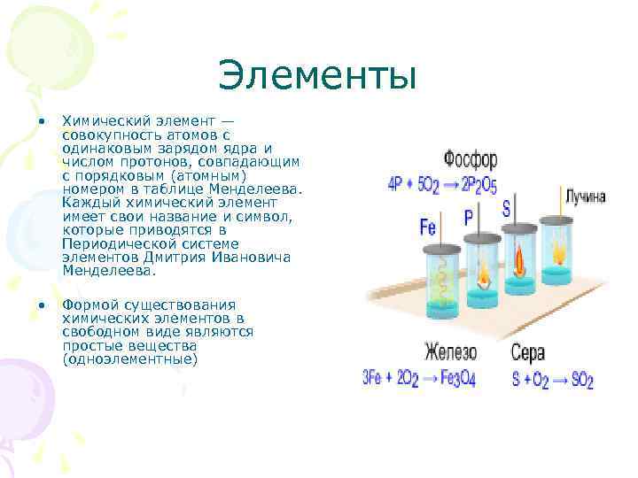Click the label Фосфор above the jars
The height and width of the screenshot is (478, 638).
pyautogui.click(x=471, y=161)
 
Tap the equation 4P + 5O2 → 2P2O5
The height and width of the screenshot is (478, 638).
pyautogui.click(x=442, y=186)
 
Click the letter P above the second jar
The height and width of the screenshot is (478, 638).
pyautogui.click(x=469, y=217)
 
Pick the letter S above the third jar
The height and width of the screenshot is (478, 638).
pyautogui.click(x=506, y=210)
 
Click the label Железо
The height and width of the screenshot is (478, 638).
pyautogui.click(x=450, y=351)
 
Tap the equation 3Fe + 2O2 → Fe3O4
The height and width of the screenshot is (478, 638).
pyautogui.click(x=427, y=379)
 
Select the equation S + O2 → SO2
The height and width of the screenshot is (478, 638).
pyautogui.click(x=552, y=379)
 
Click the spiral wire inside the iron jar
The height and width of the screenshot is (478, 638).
pyautogui.click(x=440, y=281)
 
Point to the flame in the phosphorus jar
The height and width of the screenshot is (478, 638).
pyautogui.click(x=484, y=270)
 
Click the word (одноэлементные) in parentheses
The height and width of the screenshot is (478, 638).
pyautogui.click(x=129, y=359)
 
